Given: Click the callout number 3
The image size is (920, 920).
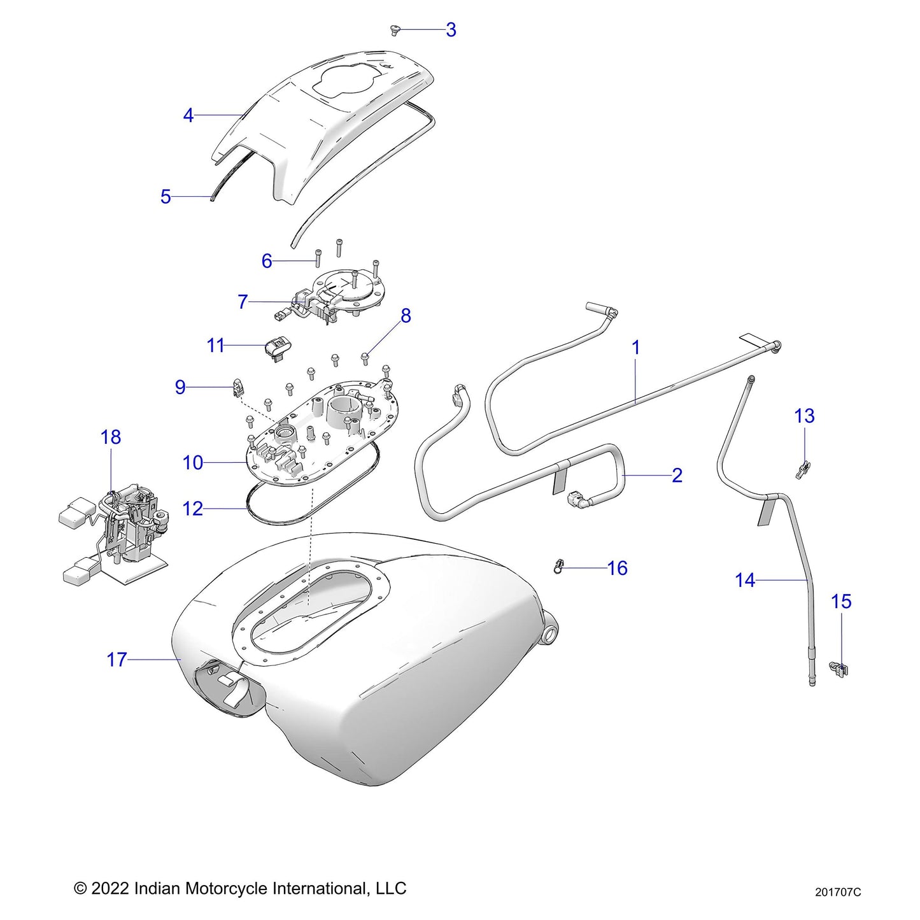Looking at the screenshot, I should coord(451,30).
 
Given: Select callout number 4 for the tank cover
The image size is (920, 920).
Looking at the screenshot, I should coord(188,115).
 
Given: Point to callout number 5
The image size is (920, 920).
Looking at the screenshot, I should coord(166,197).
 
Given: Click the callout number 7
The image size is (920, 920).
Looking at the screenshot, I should coord(243,302).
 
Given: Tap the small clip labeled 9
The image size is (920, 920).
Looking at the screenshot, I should coord(237,386).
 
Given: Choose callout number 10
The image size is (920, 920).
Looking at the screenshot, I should coord(193,463).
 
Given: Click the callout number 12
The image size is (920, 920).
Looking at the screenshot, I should coord(193,509).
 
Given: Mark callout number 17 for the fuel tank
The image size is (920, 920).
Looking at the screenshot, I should coord(117,660).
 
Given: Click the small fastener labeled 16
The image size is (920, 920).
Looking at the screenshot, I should coord(559,565).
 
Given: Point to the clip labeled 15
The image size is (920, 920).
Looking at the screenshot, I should coord(840,669).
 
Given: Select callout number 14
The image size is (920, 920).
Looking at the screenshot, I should coord(745,581).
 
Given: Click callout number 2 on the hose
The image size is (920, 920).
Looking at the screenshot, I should coord(677,476).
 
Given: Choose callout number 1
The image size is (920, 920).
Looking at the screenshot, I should coord(635,348).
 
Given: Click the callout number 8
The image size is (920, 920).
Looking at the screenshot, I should coord(406,316).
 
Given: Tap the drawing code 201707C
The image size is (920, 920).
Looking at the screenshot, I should coord(838,892).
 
